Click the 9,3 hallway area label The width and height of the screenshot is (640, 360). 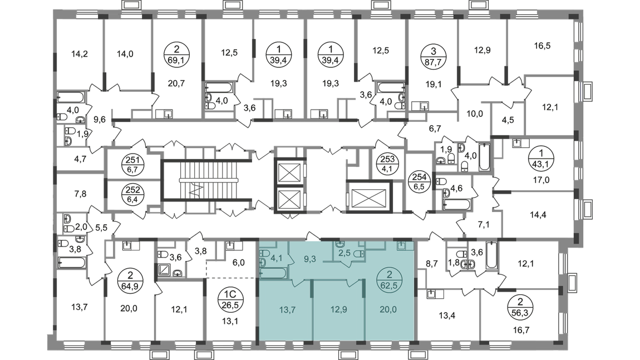(311, 258)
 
